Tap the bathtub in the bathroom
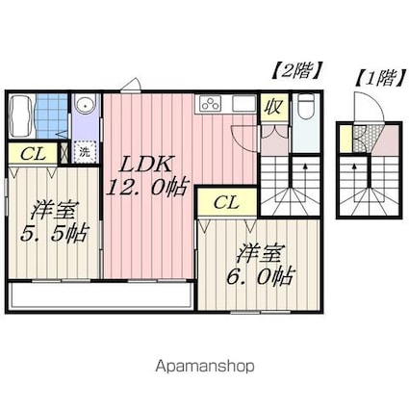[x=22, y=118]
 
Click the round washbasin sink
[x=85, y=106]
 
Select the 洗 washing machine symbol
[x=86, y=151]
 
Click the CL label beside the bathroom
[x=32, y=152]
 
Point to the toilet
[x=304, y=108]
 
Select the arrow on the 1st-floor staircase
[x=371, y=169]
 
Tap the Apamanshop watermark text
[x=204, y=366]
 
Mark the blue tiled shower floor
[x=56, y=115]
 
